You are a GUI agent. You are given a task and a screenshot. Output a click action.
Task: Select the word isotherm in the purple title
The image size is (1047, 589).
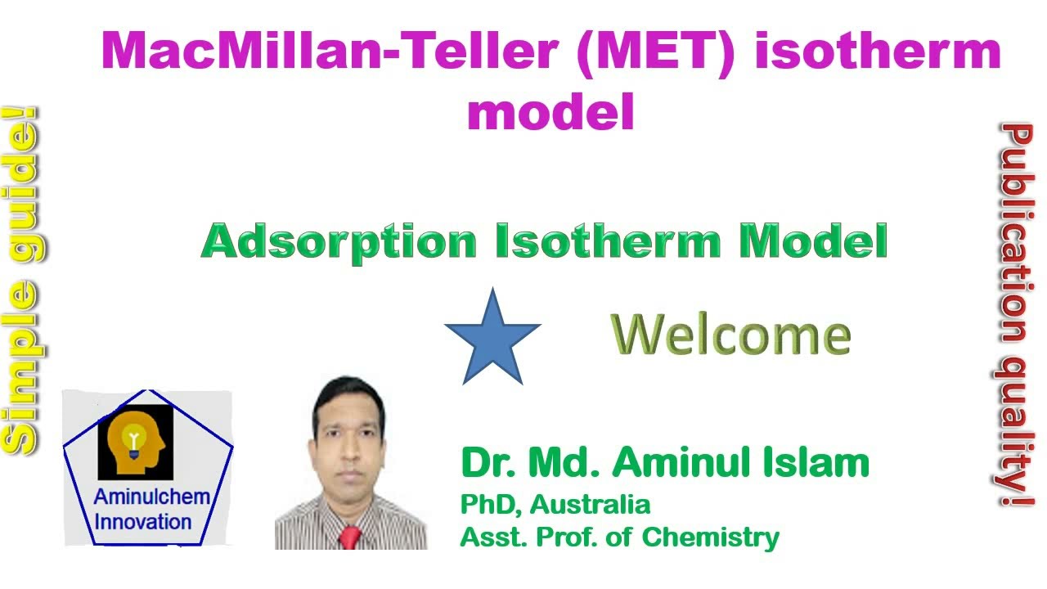point(877,51)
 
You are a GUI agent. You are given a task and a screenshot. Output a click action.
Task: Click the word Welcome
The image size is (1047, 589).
point(730,335)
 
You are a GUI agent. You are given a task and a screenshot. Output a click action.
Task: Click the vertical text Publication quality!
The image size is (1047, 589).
point(1017,314)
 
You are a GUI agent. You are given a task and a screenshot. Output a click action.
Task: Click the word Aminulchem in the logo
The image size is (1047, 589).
point(151,497)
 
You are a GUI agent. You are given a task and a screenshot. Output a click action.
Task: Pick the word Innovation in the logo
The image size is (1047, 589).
point(143,521)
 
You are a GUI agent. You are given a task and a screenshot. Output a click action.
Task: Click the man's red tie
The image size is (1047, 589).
point(349,537)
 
